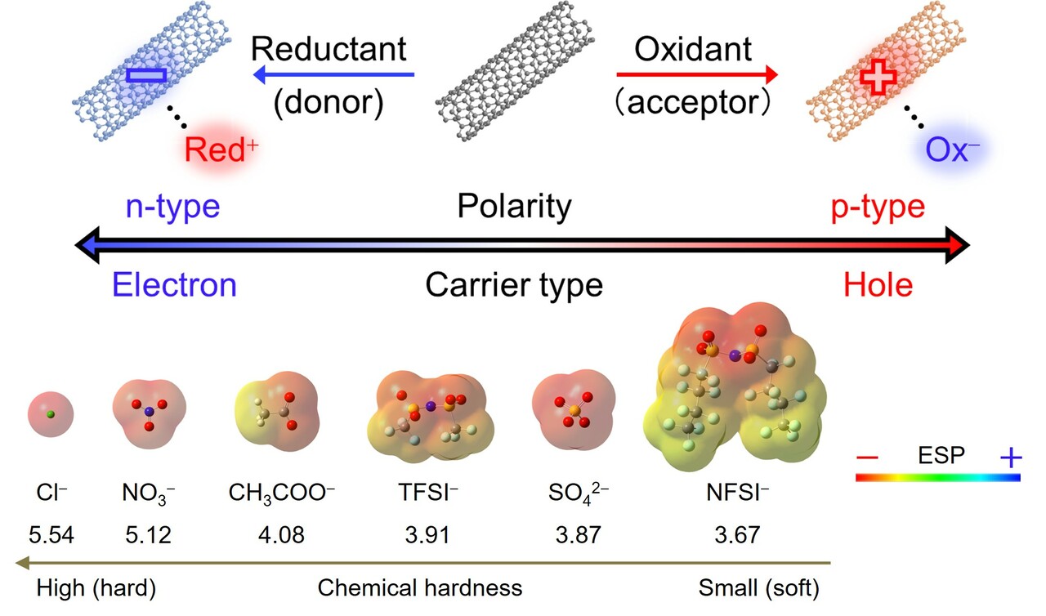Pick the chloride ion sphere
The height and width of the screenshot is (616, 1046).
tap(51, 415)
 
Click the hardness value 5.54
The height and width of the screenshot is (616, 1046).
tap(51, 536)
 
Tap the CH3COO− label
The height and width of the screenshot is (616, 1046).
tap(282, 494)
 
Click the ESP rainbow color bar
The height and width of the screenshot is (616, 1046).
tap(938, 477)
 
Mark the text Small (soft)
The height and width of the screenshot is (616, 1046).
tap(758, 587)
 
